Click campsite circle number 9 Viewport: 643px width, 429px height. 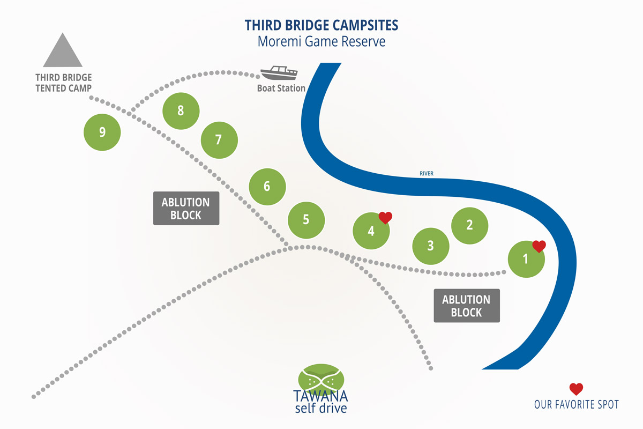tap(102, 132)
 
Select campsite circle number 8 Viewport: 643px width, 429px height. tap(181, 111)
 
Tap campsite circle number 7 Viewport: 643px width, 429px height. tap(219, 140)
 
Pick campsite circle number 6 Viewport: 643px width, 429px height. tap(267, 187)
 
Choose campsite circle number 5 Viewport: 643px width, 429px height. tap(306, 219)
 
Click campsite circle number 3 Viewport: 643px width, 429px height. tap(430, 246)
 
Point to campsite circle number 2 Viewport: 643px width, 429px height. tap(469, 225)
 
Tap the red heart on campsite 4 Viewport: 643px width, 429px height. tap(385, 217)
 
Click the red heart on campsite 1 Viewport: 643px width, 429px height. tap(539, 246)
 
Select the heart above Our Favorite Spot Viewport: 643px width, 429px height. tap(576, 389)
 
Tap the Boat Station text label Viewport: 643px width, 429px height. tap(281, 88)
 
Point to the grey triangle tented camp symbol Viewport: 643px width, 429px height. tap(63, 50)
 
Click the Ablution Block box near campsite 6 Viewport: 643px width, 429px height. tap(186, 209)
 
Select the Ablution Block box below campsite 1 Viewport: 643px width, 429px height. tap(466, 306)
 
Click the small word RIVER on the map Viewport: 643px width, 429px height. tap(427, 173)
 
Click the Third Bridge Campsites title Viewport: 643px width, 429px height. tap(322, 25)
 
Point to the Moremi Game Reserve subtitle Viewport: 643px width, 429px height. tap(322, 42)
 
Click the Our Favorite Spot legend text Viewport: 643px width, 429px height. tap(576, 404)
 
